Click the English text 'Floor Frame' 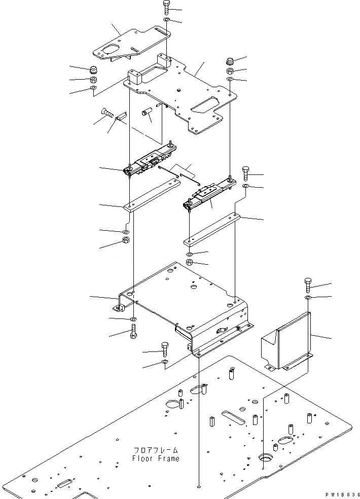tap(156, 458)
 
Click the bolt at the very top tap(168, 8)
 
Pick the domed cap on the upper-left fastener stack tap(93, 70)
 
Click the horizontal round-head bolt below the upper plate tap(108, 113)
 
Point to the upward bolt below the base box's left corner tap(133, 333)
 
